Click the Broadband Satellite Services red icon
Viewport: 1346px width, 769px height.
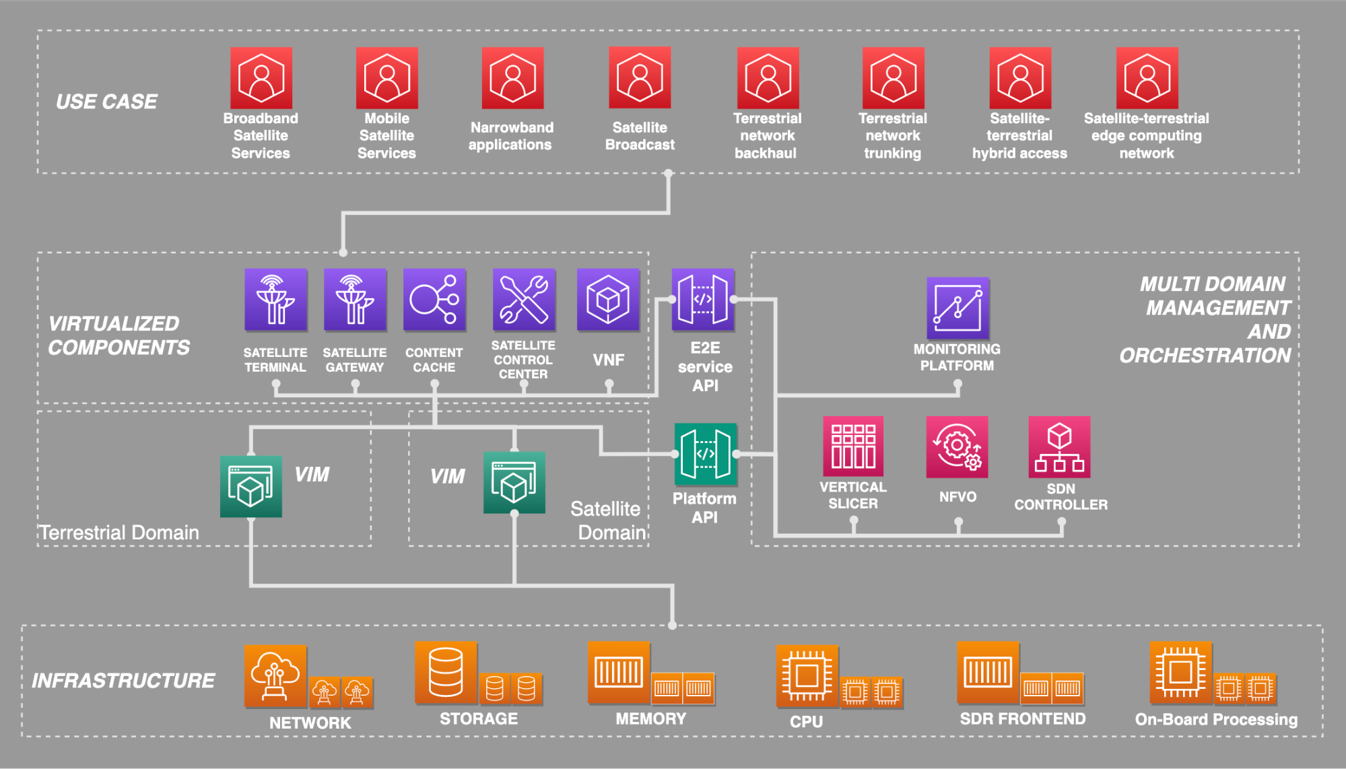click(x=261, y=78)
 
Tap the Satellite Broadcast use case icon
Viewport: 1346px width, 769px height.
click(x=640, y=78)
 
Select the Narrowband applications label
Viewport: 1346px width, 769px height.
click(x=511, y=136)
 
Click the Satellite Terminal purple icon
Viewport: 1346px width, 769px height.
click(x=275, y=300)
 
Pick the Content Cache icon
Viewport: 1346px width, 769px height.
click(x=434, y=300)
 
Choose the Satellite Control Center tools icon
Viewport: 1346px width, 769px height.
click(x=523, y=300)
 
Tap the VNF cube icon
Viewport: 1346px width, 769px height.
click(x=608, y=300)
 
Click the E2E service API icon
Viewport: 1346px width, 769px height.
click(x=702, y=300)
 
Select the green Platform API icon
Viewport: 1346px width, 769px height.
click(x=705, y=454)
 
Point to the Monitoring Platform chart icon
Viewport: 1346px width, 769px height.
click(x=957, y=308)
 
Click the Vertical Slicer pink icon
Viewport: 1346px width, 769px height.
click(x=853, y=446)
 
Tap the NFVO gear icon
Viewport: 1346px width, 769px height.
click(x=957, y=446)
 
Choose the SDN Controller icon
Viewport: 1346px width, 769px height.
click(x=1059, y=446)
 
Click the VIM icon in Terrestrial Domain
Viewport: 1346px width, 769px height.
click(x=251, y=486)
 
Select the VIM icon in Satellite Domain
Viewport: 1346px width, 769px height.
click(x=514, y=482)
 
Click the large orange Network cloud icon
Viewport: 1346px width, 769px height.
click(x=275, y=676)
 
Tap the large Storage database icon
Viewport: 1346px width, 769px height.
click(x=446, y=673)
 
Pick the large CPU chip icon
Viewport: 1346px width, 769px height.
click(x=807, y=675)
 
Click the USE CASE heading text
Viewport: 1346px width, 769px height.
click(x=106, y=102)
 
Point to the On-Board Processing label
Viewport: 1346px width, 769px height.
click(x=1216, y=719)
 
